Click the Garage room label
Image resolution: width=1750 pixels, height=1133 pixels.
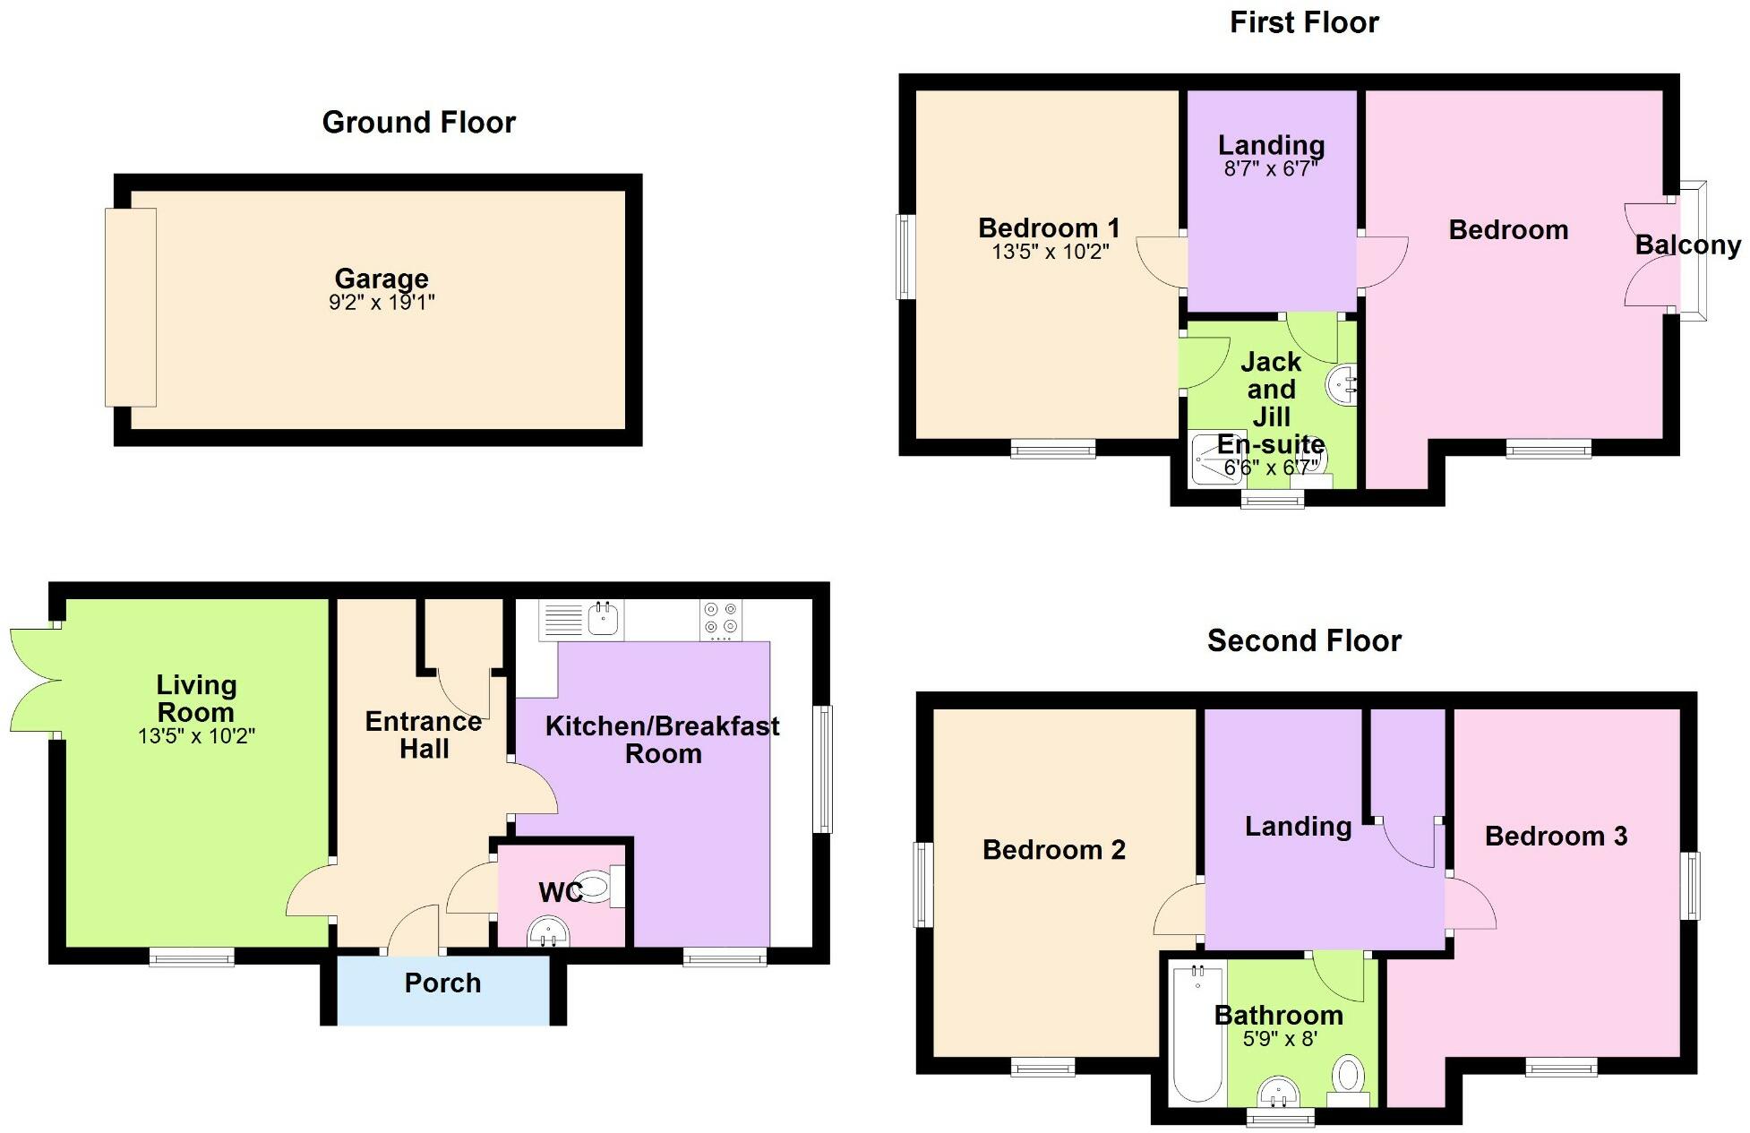coord(382,279)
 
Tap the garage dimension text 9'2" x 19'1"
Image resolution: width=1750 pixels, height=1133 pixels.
coord(382,303)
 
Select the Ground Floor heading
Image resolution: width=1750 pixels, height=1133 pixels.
coord(418,122)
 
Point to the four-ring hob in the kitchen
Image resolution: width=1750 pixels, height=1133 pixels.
coord(721,619)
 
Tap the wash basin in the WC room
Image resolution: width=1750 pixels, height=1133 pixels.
coord(549,931)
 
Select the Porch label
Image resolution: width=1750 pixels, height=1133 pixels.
coord(442,983)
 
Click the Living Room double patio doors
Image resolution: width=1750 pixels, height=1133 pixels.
coord(34,680)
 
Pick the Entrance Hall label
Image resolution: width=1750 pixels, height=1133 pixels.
coord(424,734)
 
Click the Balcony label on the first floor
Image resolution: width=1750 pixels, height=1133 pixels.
coord(1687,245)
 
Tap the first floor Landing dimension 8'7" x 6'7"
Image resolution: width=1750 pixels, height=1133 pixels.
coord(1271,168)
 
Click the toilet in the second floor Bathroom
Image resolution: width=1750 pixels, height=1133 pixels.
coord(1348,1078)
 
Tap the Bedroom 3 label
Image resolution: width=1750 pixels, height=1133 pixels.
coord(1556,836)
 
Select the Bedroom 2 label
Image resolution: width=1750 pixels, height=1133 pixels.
coord(1053,849)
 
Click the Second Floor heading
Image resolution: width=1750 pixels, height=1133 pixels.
coord(1303,640)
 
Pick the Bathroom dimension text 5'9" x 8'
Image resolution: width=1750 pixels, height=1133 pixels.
coord(1280,1039)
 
